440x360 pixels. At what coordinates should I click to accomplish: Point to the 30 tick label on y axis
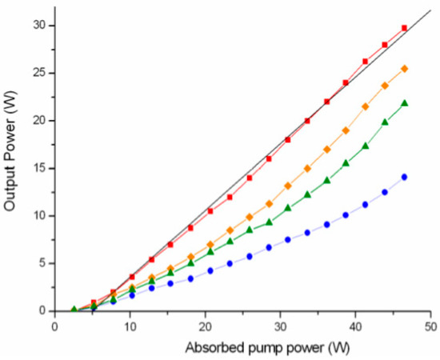38,26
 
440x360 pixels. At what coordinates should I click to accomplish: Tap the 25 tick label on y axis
38,73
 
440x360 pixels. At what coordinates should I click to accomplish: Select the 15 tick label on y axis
38,168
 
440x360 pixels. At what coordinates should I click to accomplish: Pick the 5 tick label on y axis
41,263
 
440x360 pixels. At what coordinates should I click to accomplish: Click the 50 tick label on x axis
431,326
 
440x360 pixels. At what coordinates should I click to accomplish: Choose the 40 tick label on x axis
356,326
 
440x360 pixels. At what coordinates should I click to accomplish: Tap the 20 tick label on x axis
206,326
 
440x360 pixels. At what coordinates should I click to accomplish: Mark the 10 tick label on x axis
130,326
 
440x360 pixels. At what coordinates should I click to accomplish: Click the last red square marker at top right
405,28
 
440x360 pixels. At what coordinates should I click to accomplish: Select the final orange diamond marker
405,69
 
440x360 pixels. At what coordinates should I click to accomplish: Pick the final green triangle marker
405,103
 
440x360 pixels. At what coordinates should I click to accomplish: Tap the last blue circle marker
405,177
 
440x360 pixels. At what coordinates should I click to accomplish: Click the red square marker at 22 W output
326,102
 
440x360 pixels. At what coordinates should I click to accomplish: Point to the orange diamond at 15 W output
307,168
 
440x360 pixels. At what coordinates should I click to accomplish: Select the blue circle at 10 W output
346,215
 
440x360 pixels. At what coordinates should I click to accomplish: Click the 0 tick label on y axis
41,310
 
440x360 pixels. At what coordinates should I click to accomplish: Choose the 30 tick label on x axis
281,326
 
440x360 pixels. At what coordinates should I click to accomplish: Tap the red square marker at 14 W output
250,178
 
